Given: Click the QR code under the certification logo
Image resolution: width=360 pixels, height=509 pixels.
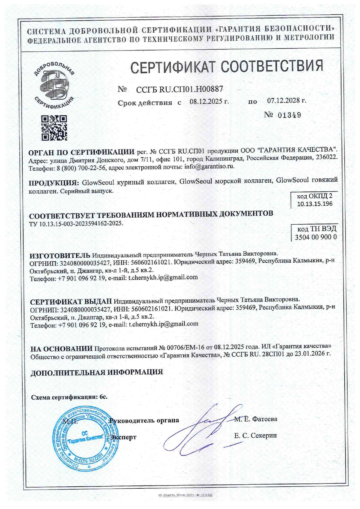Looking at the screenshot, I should [x=54, y=128].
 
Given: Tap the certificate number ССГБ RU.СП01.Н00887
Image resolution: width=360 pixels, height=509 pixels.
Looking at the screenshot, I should [x=179, y=89].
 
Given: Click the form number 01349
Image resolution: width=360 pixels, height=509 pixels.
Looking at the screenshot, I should [x=289, y=115].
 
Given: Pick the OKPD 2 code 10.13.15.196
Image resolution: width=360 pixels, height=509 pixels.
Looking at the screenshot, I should [x=315, y=204].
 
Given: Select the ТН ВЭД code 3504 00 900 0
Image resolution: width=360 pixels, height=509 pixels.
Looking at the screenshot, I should [x=316, y=237].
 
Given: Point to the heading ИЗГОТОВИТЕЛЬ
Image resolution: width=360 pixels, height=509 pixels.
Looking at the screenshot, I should [x=60, y=256].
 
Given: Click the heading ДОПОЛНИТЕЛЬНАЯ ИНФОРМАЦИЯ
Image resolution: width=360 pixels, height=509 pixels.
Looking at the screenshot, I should [x=97, y=372].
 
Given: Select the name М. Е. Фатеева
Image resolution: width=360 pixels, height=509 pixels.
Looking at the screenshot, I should [x=256, y=419].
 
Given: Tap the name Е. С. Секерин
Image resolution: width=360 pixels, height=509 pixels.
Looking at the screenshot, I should [x=255, y=435].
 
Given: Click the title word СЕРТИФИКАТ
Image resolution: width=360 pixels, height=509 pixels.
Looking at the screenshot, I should [x=174, y=66].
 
